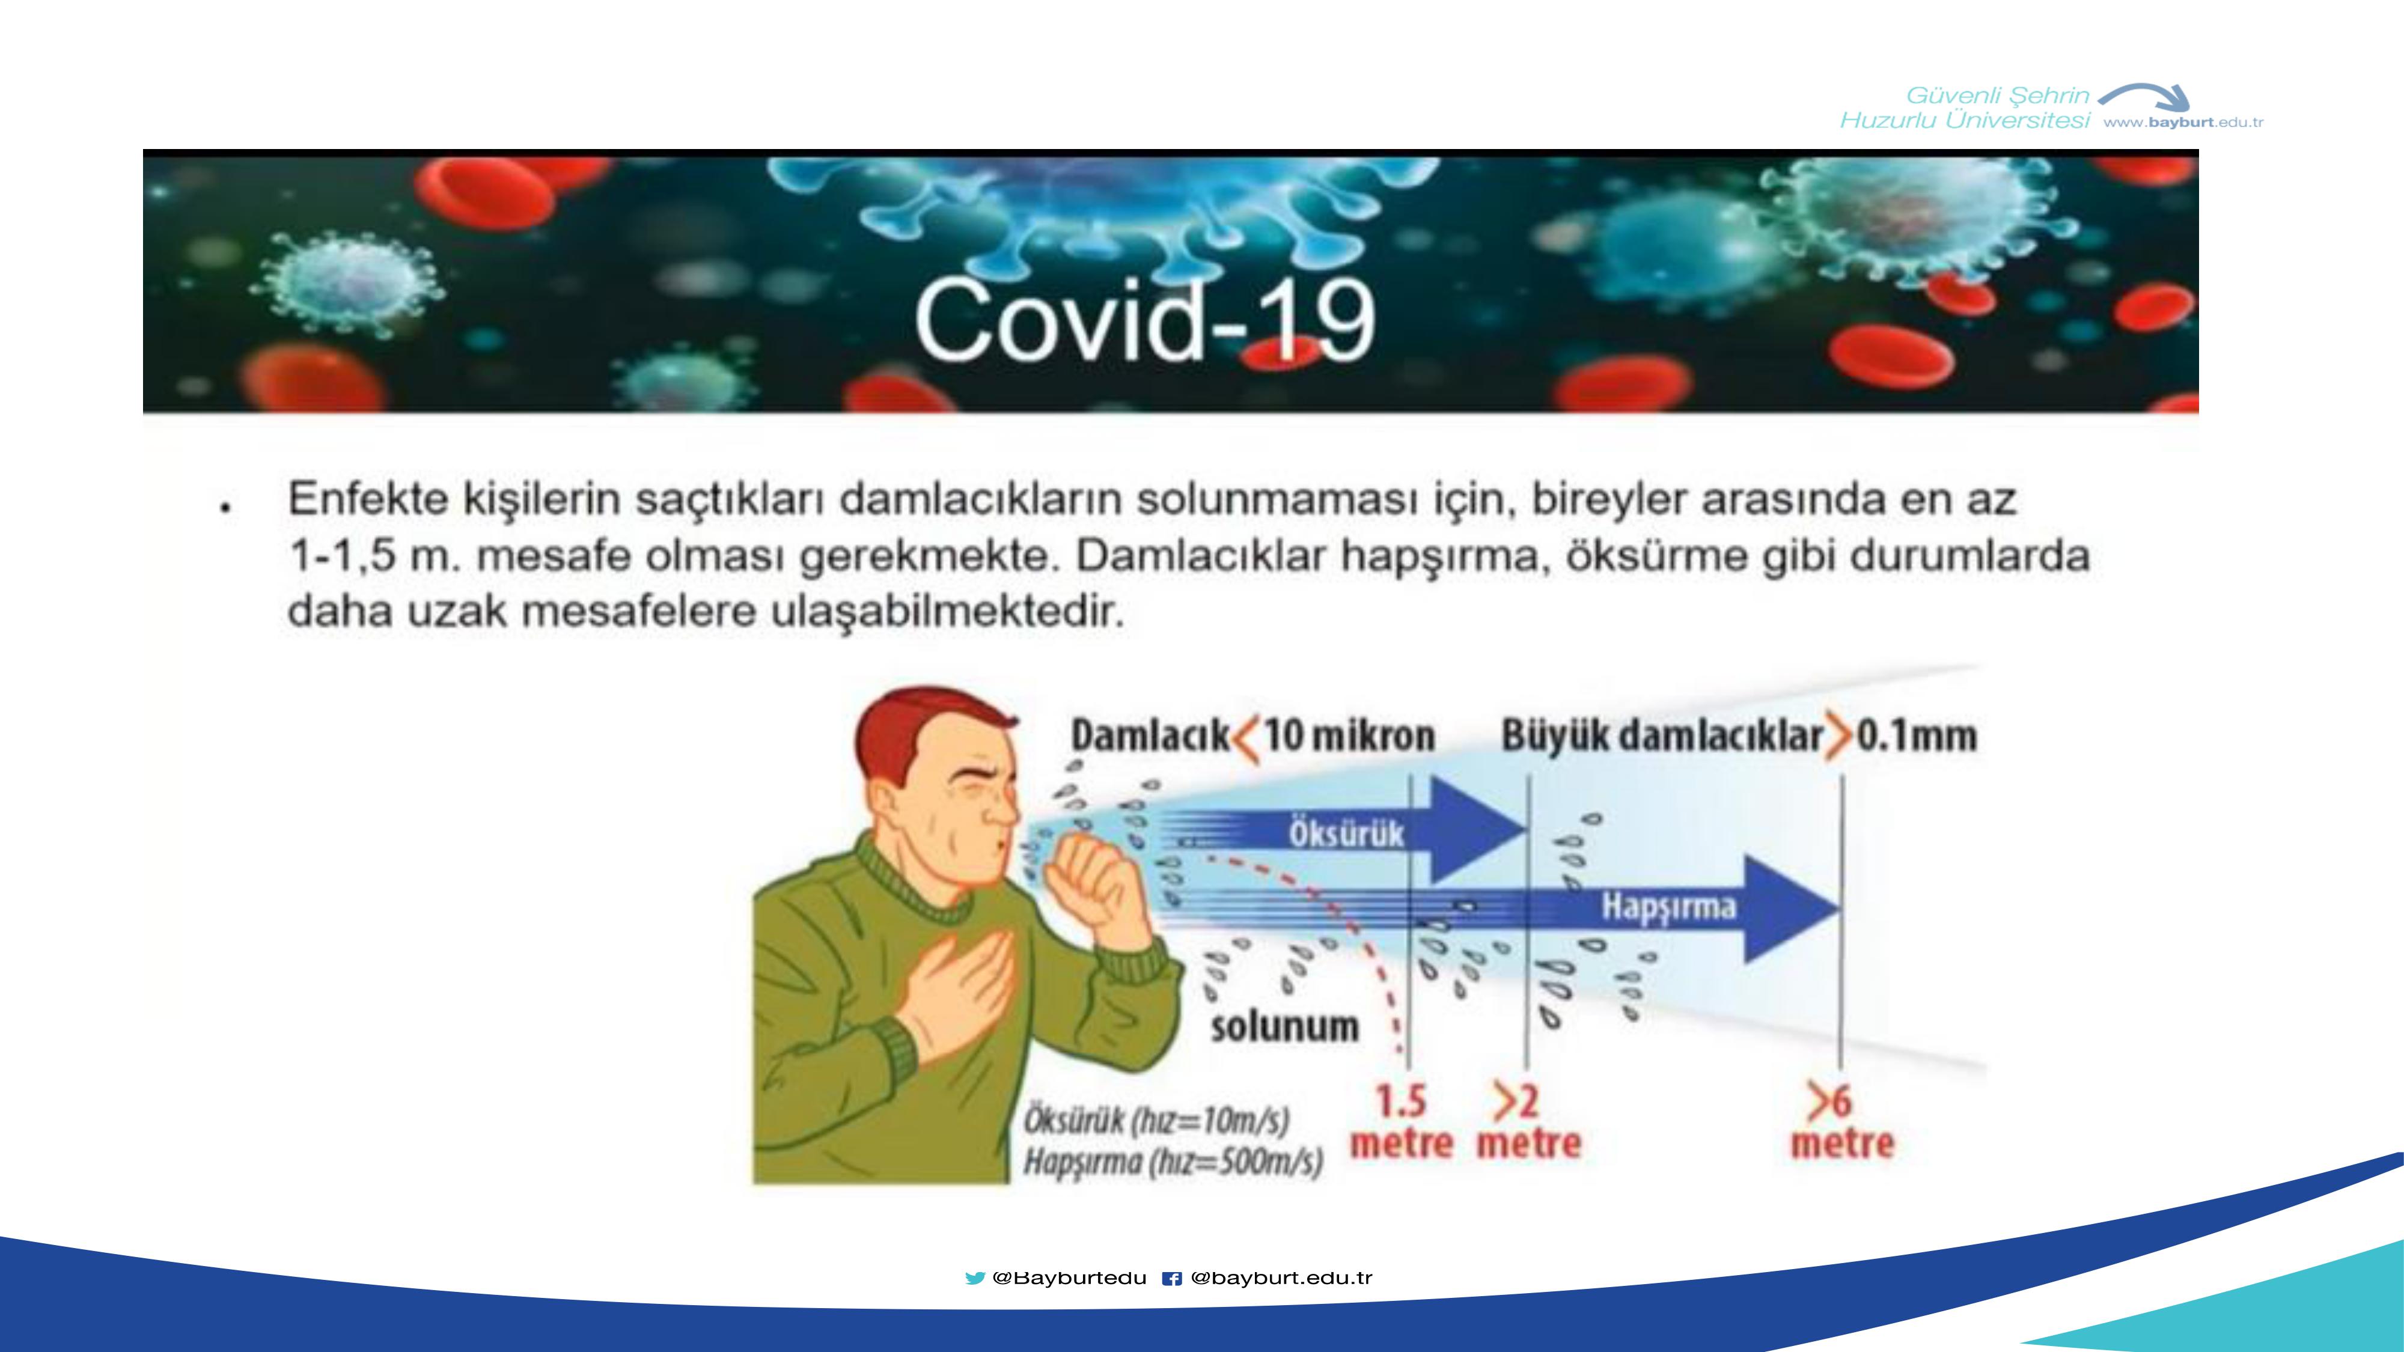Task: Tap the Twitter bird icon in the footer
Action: (x=975, y=1278)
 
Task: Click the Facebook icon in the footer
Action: (x=1172, y=1278)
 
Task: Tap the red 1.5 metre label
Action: (x=1402, y=1122)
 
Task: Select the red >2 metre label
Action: (x=1528, y=1122)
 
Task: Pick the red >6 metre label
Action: (x=1841, y=1122)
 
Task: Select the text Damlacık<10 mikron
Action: (x=1252, y=736)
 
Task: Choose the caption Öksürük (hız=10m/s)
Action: (x=1156, y=1119)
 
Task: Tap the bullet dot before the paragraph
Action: (x=224, y=508)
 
